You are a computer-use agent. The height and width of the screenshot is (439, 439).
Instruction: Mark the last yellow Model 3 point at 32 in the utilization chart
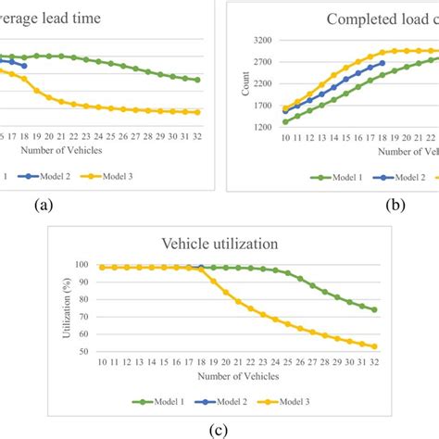[x=374, y=346]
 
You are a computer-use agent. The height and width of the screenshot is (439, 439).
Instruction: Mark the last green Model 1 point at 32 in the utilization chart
[x=374, y=309]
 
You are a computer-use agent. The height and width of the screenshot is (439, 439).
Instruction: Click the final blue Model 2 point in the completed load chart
[x=383, y=64]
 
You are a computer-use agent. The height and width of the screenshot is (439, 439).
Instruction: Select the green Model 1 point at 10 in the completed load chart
[x=285, y=121]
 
